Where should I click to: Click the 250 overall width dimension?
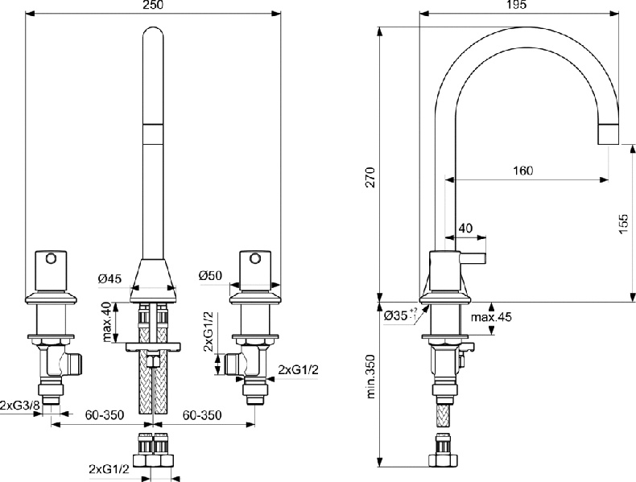(153, 6)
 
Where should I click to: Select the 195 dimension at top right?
(518, 6)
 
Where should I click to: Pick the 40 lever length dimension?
(466, 229)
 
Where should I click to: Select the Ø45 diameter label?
(109, 278)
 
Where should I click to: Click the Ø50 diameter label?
(210, 276)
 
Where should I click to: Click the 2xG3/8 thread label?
(20, 405)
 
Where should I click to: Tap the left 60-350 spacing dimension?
(105, 415)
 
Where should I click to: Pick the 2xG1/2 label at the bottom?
(109, 468)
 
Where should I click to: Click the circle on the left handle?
(52, 259)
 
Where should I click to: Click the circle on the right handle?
(254, 259)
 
